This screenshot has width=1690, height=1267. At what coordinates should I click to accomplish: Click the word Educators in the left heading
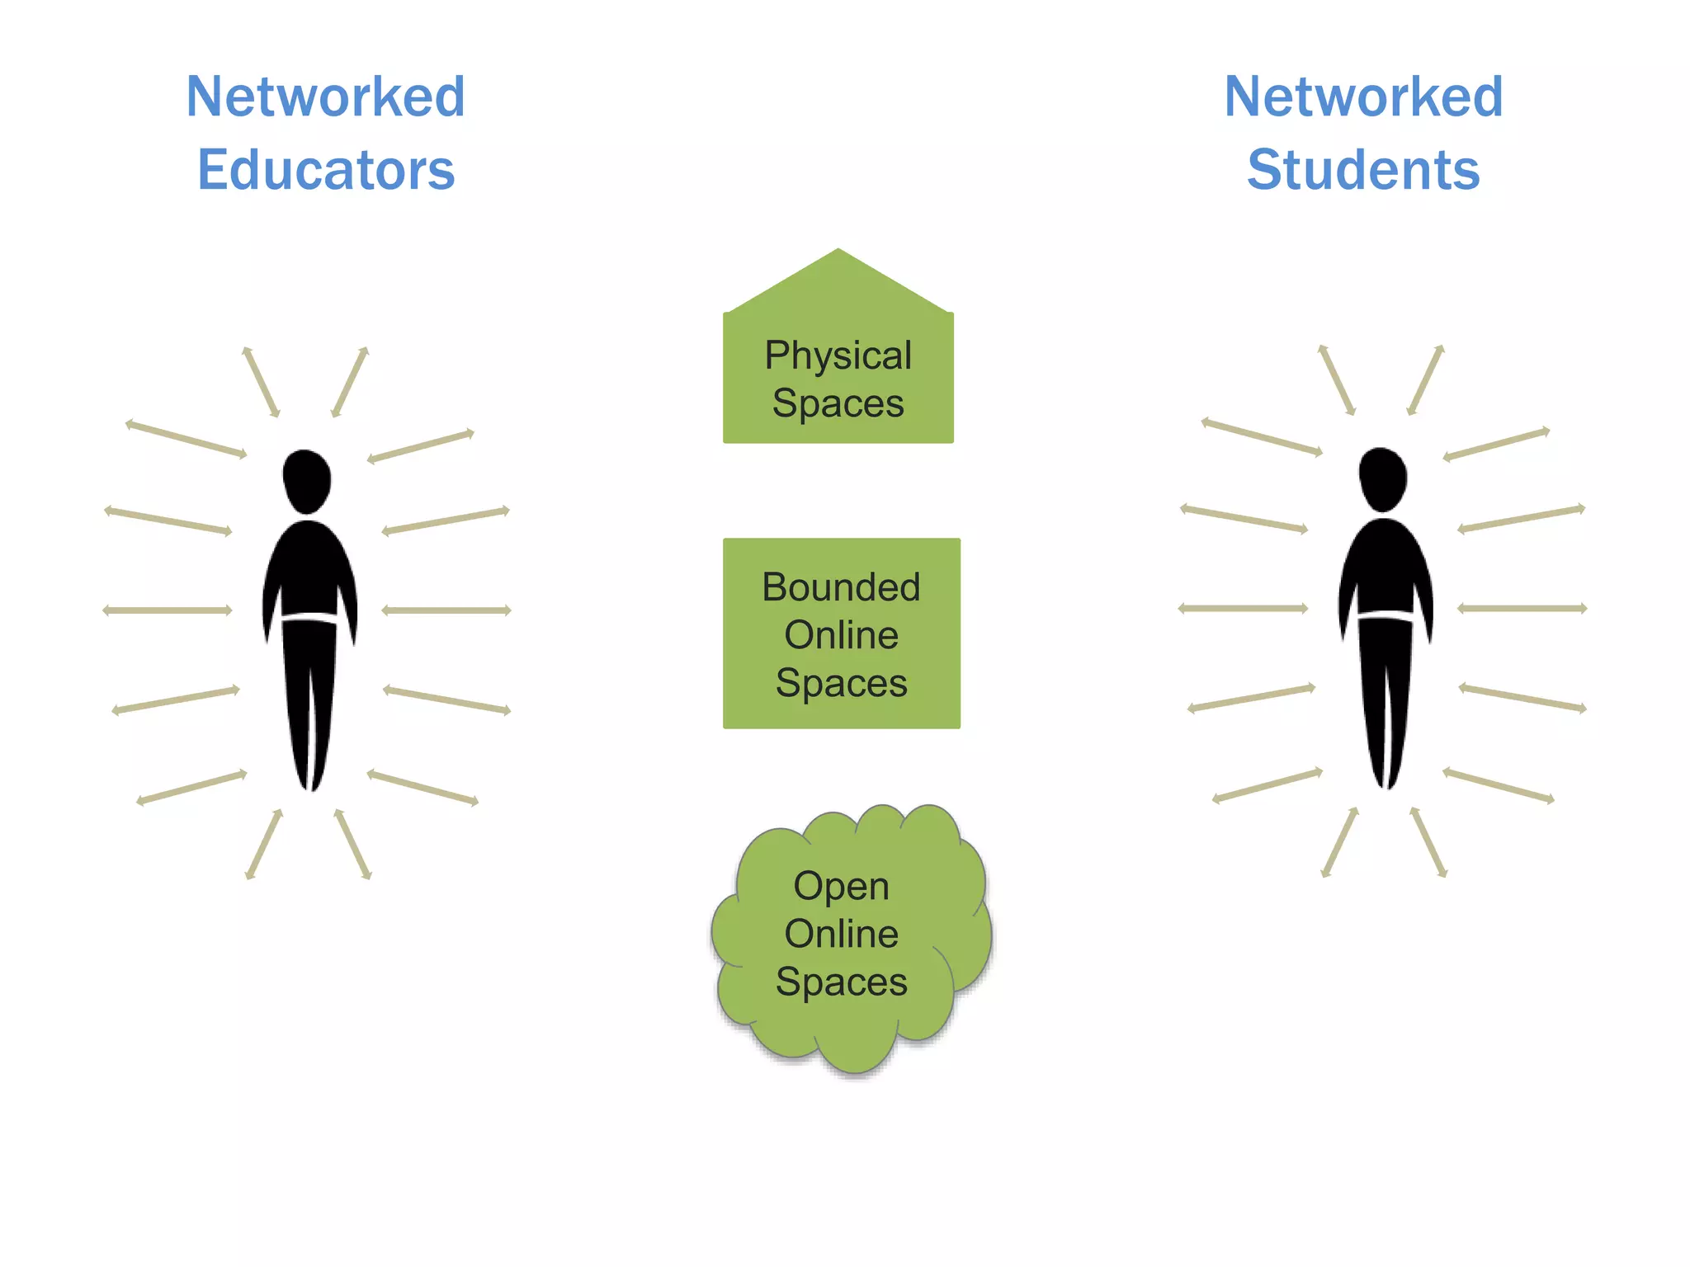tap(326, 170)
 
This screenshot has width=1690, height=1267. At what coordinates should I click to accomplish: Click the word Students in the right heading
tap(1363, 170)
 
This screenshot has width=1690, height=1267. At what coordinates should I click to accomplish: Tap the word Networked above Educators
tap(326, 97)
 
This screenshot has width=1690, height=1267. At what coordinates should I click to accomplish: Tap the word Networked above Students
tap(1363, 97)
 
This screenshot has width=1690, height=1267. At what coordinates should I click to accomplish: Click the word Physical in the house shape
tap(838, 356)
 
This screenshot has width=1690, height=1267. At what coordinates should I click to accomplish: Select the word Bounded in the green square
tap(841, 587)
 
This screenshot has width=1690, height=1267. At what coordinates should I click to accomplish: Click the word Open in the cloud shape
tap(841, 886)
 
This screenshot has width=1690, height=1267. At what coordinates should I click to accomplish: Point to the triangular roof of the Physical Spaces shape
tap(838, 285)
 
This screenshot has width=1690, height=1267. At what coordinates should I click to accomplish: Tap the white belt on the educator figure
tap(309, 617)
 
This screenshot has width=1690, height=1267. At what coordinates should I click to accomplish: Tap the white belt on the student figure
tap(1386, 615)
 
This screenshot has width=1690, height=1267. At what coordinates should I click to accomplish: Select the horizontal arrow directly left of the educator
tap(168, 610)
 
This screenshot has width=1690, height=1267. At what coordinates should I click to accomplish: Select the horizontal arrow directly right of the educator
tap(446, 610)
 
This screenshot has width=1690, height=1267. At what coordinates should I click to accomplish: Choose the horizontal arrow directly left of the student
tap(1243, 609)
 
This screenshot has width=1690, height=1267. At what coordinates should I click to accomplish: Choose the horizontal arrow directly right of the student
tap(1522, 609)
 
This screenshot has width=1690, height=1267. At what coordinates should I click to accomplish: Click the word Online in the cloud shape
tap(841, 934)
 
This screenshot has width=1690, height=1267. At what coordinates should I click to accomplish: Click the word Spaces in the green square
tap(841, 683)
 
